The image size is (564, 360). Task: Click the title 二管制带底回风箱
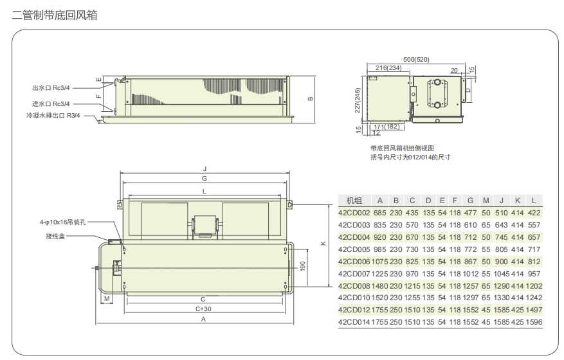click(x=55, y=15)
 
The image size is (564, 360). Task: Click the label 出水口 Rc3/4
click(x=51, y=88)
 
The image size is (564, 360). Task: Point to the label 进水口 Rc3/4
click(x=51, y=104)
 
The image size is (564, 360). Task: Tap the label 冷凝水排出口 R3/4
click(x=53, y=116)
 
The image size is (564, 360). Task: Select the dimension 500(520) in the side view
click(x=416, y=60)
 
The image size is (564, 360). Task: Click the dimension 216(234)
click(x=388, y=68)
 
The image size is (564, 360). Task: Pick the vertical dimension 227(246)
click(x=357, y=100)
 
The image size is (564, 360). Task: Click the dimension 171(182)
click(x=387, y=127)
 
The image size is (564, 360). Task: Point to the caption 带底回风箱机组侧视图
click(x=402, y=148)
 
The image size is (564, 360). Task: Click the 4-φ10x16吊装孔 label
click(x=62, y=222)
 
